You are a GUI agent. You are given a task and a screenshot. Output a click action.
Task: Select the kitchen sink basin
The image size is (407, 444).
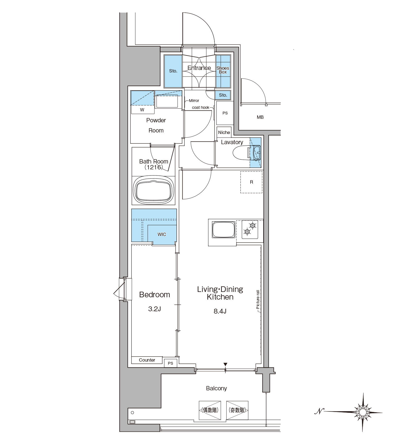pos(223,229)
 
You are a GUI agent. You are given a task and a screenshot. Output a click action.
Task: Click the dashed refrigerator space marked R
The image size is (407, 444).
pos(251,182)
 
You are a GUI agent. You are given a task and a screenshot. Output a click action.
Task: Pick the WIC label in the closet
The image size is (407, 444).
pos(162,234)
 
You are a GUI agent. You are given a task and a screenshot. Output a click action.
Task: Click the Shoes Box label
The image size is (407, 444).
pos(223,70)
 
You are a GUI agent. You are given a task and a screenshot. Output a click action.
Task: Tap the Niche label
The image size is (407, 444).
pos(224,132)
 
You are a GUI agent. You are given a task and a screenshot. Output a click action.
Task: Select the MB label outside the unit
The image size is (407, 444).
pos(260,117)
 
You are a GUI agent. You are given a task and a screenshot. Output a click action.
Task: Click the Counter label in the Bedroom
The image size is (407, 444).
pos(147,360)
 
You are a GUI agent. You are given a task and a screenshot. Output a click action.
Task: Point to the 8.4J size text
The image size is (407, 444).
pos(220,311)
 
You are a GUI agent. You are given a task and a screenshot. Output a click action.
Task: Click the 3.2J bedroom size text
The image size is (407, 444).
pos(154,309)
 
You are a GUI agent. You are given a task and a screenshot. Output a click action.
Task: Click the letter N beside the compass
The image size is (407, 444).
pos(319,411)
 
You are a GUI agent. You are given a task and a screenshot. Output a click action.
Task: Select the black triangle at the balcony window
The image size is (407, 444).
pos(225,364)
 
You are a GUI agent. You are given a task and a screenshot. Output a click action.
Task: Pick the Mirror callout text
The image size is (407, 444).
pos(194,101)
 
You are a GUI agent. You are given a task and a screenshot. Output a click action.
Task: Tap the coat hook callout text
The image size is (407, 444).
pos(201,108)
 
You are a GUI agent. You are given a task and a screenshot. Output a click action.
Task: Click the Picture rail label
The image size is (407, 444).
pos(258,300)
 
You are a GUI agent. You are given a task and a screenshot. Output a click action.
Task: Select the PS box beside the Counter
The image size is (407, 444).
pos(170,363)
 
